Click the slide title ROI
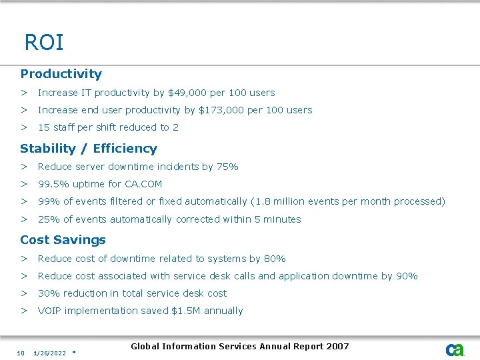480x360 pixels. click(x=44, y=43)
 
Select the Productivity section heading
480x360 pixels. click(x=61, y=74)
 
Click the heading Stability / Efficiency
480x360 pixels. click(x=89, y=149)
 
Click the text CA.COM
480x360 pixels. click(x=143, y=184)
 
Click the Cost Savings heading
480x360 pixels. click(x=63, y=240)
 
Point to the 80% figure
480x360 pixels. click(x=275, y=259)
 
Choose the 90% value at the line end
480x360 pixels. click(x=407, y=276)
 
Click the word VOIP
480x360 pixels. click(x=50, y=311)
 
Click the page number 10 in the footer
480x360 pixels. click(x=21, y=353)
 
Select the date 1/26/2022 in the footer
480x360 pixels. click(x=49, y=353)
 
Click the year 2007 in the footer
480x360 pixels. click(x=337, y=346)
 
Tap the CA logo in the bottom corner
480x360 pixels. click(x=455, y=349)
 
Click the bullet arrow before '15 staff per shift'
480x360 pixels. click(x=23, y=127)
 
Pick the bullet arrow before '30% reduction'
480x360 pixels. click(x=23, y=293)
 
